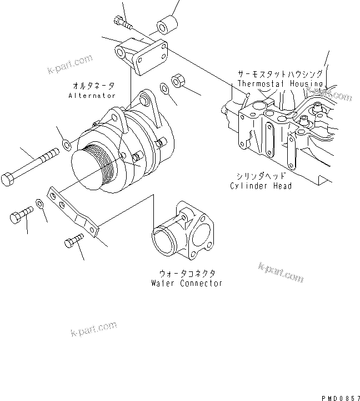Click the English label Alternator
[x=92, y=96]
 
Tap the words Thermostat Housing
[x=280, y=83]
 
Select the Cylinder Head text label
[x=261, y=186]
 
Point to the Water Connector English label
[x=187, y=283]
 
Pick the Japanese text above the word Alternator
[x=94, y=86]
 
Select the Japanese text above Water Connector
[x=187, y=273]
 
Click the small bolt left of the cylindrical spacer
[x=124, y=22]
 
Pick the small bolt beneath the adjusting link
[x=73, y=241]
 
